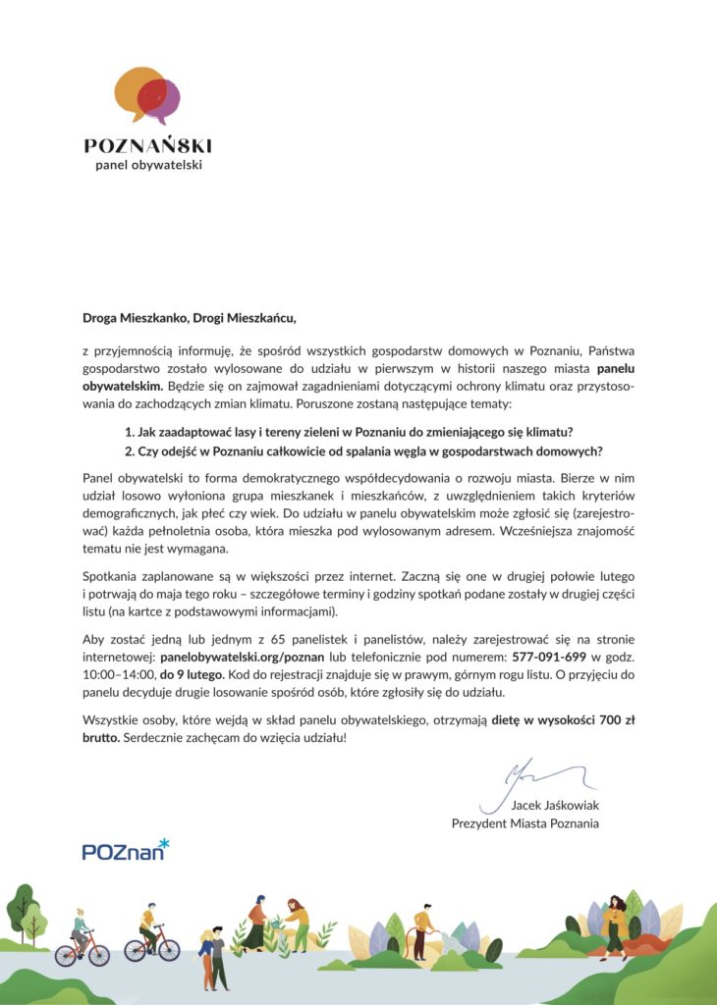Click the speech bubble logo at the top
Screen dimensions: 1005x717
click(x=147, y=94)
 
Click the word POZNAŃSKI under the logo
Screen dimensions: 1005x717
click(x=147, y=145)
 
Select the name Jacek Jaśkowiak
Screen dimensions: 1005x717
click(x=555, y=806)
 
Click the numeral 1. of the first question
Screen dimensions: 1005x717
click(x=129, y=433)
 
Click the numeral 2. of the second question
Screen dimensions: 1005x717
click(x=129, y=451)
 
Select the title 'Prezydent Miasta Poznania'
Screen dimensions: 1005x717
click(x=524, y=823)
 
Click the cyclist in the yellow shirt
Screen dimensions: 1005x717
click(x=149, y=930)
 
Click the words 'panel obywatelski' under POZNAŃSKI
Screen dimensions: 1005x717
click(x=148, y=165)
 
